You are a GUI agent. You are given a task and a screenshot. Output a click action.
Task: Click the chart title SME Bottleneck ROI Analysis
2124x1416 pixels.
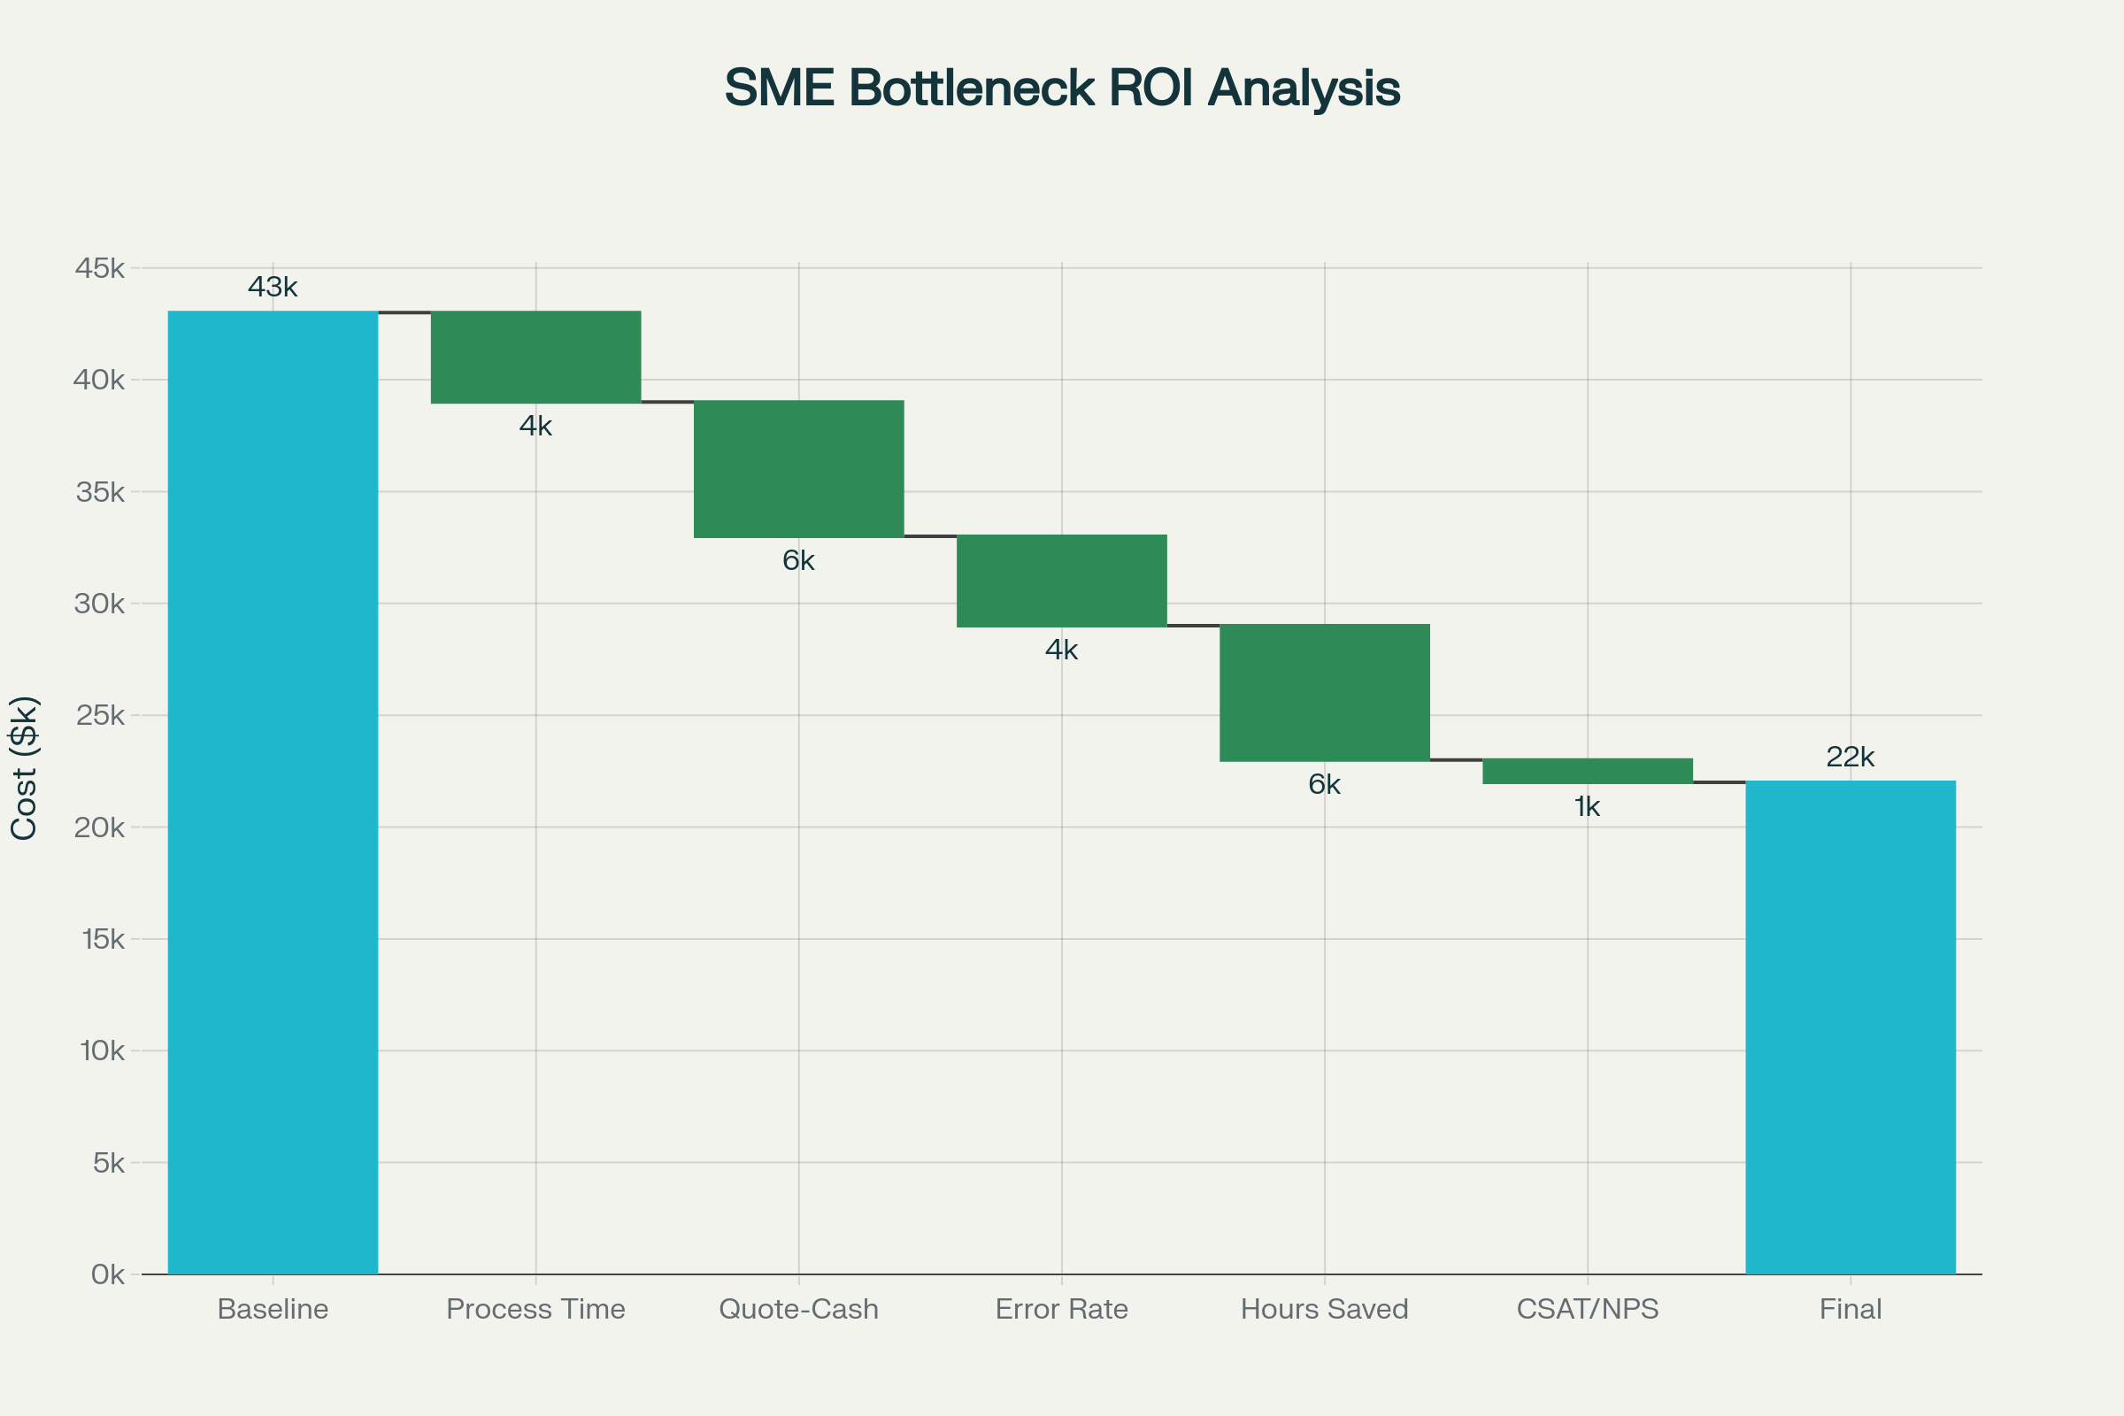click(x=1062, y=88)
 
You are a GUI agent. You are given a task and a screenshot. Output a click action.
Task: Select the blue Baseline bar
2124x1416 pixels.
click(x=273, y=792)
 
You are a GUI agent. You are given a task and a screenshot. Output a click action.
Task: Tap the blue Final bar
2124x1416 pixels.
click(x=1851, y=1027)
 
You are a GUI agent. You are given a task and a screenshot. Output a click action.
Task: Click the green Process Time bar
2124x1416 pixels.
click(x=535, y=357)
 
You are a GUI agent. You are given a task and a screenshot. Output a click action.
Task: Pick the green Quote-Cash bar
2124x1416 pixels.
click(x=798, y=469)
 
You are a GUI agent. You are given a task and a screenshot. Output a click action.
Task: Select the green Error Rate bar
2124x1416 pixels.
click(x=1061, y=581)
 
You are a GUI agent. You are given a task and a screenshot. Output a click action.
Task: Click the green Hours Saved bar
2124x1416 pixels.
click(x=1324, y=693)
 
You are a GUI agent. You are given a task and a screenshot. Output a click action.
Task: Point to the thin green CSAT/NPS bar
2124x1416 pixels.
click(x=1587, y=770)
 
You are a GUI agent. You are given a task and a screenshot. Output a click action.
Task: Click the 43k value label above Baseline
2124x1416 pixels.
click(x=273, y=287)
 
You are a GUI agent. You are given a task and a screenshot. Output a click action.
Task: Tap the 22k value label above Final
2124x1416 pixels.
click(x=1851, y=757)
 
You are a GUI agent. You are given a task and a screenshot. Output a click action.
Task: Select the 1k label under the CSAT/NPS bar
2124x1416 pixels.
click(x=1587, y=806)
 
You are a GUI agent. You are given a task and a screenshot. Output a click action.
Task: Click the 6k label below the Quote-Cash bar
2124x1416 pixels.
click(x=798, y=561)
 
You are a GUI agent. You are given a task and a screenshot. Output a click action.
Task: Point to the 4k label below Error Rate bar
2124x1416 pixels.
click(x=1061, y=650)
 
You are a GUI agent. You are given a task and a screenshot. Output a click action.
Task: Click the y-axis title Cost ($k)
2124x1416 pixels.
click(x=25, y=767)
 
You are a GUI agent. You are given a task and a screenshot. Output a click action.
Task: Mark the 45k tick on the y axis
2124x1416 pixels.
click(x=100, y=268)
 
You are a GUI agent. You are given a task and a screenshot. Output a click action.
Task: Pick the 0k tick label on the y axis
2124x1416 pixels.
click(x=107, y=1274)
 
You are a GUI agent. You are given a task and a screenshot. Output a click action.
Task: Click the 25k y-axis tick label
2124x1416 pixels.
click(x=100, y=715)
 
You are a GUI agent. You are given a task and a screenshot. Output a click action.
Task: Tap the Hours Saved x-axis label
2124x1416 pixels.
click(x=1324, y=1309)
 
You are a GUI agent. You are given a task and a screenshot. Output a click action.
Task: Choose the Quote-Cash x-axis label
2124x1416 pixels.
click(x=798, y=1309)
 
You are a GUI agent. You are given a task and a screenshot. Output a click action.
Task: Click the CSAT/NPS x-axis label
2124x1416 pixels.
click(x=1587, y=1309)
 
